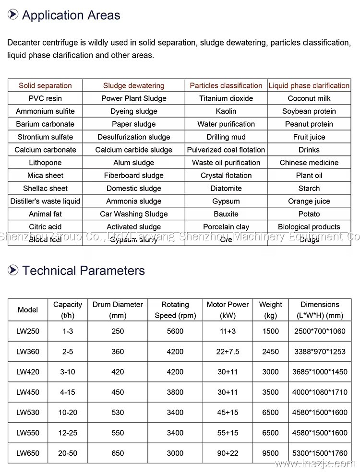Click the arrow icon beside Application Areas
13,15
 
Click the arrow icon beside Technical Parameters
13,270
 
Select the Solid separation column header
45,86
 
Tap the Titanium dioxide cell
226,98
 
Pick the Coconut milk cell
309,98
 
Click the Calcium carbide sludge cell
133,150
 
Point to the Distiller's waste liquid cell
45,201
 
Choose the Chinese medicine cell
309,163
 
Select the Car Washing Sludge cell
133,214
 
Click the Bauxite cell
226,214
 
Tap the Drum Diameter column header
118,310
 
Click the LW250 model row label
28,331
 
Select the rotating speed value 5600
175,331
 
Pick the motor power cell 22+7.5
228,352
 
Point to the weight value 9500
271,453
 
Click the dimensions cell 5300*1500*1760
320,453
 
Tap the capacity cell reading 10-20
68,412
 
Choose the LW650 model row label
28,453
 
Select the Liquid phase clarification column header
309,86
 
